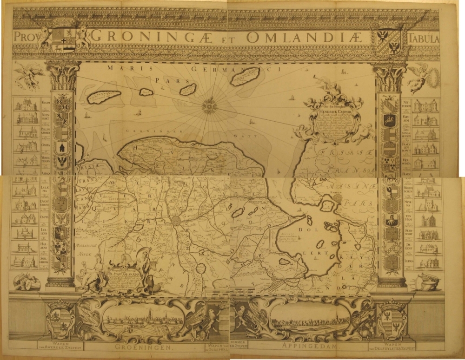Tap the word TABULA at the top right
(x=424, y=38)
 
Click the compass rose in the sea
(x=210, y=106)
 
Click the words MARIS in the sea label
(x=122, y=68)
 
